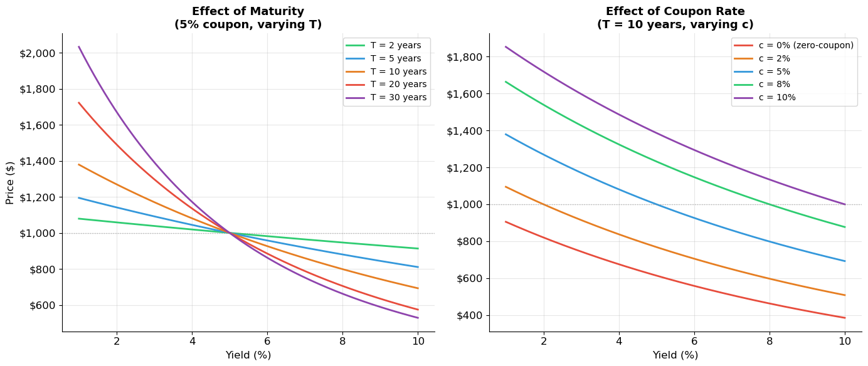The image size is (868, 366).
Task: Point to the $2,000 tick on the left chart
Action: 37,53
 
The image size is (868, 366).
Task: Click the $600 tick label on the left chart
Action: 41,306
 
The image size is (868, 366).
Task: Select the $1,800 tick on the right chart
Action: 464,57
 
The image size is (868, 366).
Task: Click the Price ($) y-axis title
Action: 10,182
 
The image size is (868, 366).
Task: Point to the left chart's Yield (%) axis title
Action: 248,355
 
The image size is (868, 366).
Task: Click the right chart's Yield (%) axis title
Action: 675,355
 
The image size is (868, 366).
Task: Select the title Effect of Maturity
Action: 248,12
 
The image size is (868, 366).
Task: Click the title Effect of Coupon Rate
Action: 675,12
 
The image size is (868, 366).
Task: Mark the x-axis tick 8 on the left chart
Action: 342,341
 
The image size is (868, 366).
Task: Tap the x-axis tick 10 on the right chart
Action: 845,341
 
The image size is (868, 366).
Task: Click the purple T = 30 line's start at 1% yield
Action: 79,46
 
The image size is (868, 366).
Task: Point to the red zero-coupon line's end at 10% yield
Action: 845,318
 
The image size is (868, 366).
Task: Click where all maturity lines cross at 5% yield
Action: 230,233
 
